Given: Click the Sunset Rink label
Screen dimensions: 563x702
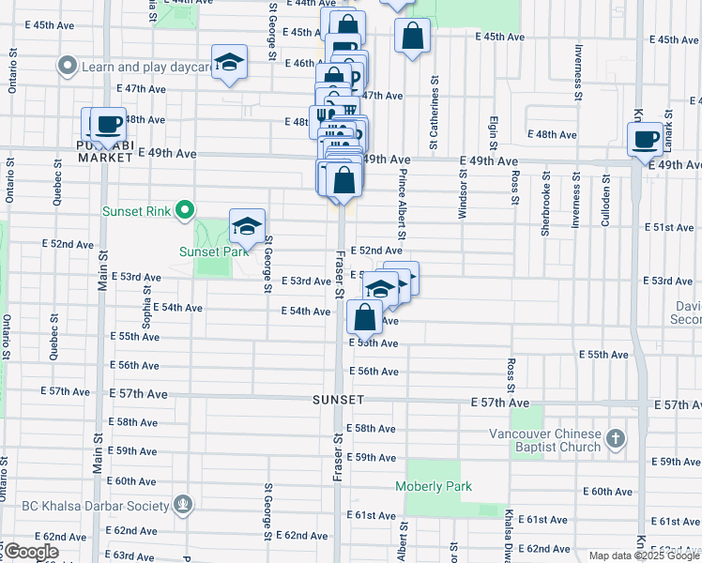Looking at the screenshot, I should coord(136,210).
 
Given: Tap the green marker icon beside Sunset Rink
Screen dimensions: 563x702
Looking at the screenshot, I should coord(186,210).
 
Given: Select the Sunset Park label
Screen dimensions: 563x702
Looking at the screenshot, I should coord(214,251).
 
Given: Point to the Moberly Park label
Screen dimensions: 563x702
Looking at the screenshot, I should coord(433,486).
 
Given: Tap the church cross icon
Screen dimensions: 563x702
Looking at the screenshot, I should coord(615,438).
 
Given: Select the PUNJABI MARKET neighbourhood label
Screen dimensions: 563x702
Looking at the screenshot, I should coord(105,151).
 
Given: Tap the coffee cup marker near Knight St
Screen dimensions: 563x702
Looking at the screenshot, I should coord(646,141).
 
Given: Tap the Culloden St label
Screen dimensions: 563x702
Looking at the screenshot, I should coord(607,199).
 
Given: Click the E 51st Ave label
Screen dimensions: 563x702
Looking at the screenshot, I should coord(669,227).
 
